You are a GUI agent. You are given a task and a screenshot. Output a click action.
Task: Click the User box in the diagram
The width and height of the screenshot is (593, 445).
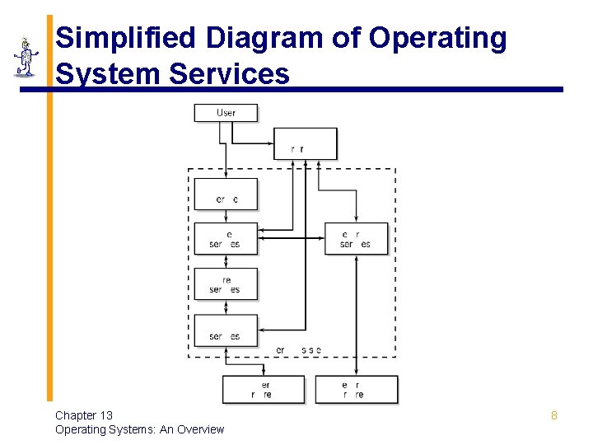(x=226, y=113)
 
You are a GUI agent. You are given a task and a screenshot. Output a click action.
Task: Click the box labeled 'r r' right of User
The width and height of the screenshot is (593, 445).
(x=305, y=143)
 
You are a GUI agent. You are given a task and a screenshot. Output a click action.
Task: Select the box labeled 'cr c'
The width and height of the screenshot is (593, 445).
(x=226, y=194)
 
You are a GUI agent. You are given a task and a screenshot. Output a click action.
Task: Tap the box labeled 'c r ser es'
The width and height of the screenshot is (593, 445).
(x=356, y=239)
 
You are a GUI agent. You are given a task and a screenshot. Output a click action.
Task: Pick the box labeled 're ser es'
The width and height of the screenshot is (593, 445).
(x=226, y=284)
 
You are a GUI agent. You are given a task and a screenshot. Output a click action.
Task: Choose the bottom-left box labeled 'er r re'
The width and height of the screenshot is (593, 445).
(x=263, y=390)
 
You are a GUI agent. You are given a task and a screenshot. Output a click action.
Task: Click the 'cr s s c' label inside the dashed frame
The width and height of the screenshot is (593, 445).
(x=298, y=350)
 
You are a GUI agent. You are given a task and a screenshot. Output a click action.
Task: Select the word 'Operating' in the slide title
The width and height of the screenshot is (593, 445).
(x=438, y=38)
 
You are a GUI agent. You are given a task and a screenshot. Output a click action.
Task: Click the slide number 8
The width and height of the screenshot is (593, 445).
(x=553, y=415)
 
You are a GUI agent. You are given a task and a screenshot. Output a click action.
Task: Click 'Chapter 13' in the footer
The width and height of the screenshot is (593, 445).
(x=84, y=415)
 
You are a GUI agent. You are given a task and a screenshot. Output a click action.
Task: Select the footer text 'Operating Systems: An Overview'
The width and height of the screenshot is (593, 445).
(x=139, y=429)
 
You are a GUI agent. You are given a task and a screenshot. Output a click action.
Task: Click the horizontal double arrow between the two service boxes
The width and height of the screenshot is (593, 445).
(x=292, y=239)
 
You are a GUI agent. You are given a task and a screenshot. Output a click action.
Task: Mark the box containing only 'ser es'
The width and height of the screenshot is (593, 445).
(x=226, y=330)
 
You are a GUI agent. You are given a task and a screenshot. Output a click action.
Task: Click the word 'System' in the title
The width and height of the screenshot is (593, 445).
(x=108, y=74)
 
